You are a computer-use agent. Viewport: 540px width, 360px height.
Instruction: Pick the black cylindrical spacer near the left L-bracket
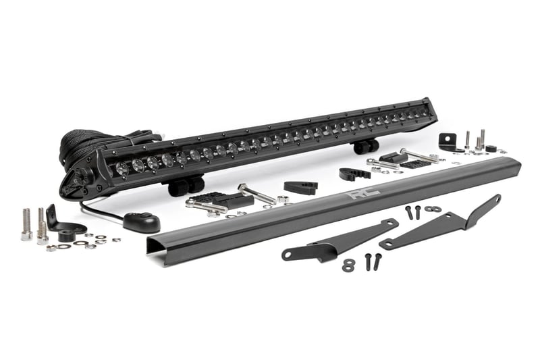(x=66, y=236)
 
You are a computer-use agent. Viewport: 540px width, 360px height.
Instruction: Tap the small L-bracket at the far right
(x=448, y=142)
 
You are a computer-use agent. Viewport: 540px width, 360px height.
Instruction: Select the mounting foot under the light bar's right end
(x=365, y=146)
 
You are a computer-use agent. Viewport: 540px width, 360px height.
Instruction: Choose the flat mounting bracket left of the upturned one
(x=338, y=240)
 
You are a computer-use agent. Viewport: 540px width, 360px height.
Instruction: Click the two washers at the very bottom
(x=348, y=265)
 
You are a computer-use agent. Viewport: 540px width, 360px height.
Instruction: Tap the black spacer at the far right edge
(x=491, y=149)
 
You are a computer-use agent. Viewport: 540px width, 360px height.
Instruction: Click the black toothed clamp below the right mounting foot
(x=354, y=172)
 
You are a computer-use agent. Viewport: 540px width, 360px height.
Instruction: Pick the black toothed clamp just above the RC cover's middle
(x=300, y=187)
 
